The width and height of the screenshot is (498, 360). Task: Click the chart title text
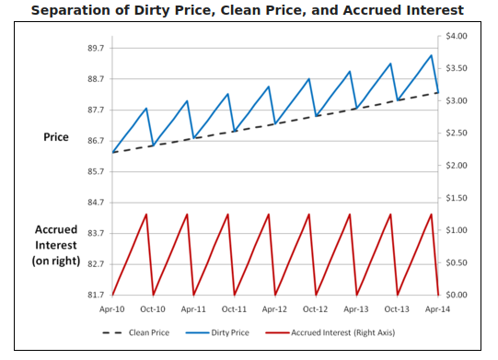(248, 11)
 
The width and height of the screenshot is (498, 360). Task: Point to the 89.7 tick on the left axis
(95, 48)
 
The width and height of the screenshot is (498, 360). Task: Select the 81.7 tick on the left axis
(95, 295)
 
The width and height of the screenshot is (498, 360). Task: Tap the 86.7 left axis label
(95, 141)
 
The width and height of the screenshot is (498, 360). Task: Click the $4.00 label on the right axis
(457, 36)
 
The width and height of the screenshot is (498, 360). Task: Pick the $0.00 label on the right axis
(457, 295)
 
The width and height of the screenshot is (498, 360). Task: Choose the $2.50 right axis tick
(457, 134)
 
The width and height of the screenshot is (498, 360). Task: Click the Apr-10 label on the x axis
(112, 310)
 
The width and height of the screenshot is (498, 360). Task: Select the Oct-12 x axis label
(316, 310)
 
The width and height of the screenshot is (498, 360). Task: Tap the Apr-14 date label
(438, 310)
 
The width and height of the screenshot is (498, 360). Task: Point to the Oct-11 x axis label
(234, 310)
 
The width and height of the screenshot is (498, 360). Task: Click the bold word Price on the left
(56, 137)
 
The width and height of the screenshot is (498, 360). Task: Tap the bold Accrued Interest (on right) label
(56, 246)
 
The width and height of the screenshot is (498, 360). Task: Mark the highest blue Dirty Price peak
(431, 55)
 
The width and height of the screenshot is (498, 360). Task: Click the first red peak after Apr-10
(146, 215)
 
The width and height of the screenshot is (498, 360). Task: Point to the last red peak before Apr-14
(431, 215)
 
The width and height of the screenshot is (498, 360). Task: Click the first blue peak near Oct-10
(146, 108)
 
